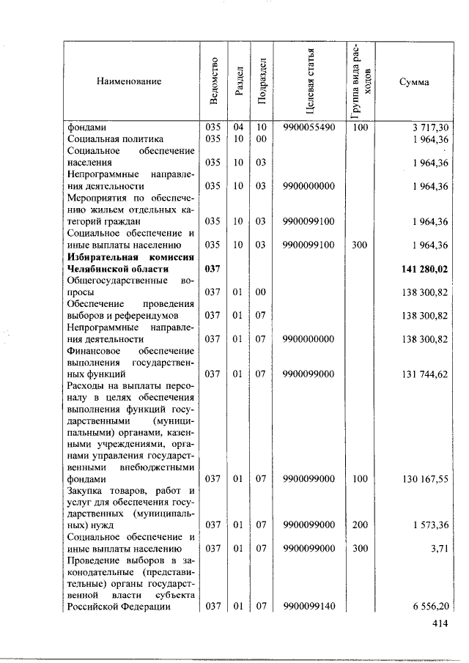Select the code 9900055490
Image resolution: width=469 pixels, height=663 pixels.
click(x=309, y=127)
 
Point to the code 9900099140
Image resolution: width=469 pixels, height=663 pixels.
click(x=309, y=606)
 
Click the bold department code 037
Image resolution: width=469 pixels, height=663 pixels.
click(x=213, y=270)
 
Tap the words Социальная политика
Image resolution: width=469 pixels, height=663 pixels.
click(x=115, y=139)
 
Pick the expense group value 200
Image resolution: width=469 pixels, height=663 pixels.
click(x=360, y=525)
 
